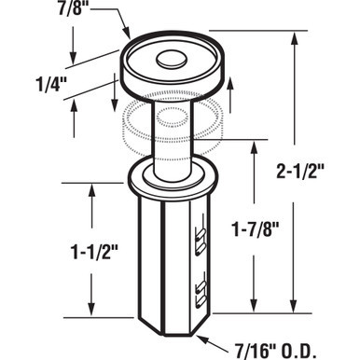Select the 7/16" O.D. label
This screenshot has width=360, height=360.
tap(280, 348)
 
